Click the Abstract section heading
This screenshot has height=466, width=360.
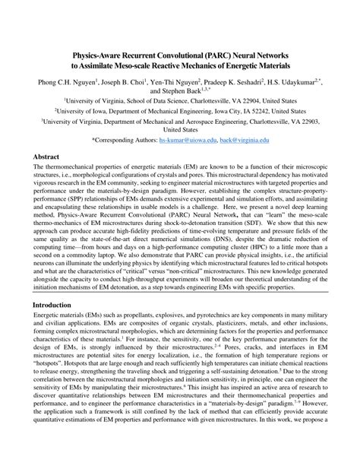click(x=46, y=156)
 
